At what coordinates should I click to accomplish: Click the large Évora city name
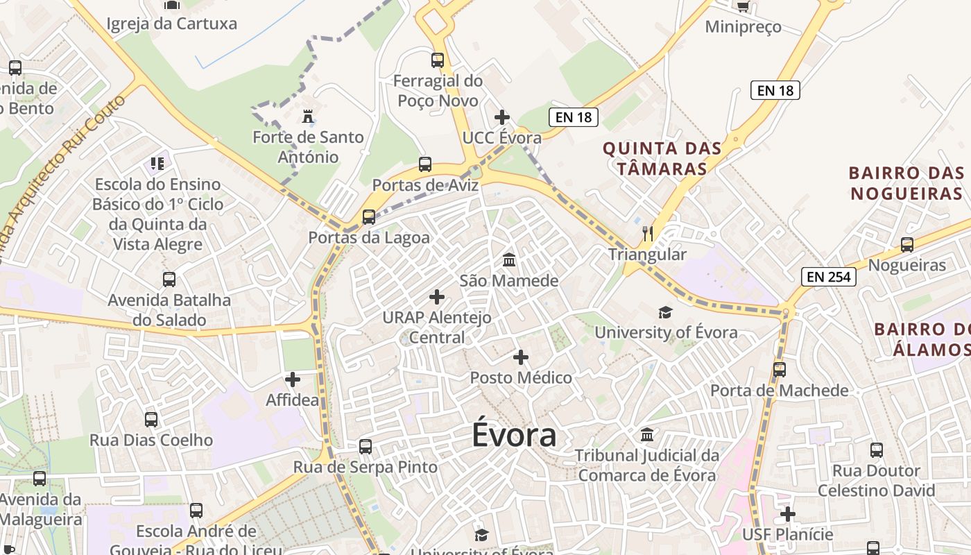point(514,435)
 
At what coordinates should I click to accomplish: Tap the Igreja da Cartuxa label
point(171,24)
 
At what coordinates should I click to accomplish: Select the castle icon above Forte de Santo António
point(307,116)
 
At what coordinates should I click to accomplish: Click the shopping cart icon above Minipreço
point(743,6)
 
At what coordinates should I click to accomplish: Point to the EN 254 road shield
point(829,277)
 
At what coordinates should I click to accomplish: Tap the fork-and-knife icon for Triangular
point(648,233)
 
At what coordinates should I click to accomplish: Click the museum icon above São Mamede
point(509,260)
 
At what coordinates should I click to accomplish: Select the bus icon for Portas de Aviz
point(425,164)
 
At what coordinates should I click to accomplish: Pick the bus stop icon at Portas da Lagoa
point(369,216)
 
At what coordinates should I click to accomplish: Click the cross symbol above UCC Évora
point(502,117)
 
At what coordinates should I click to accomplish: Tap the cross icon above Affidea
point(293,379)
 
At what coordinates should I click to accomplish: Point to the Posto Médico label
point(521,378)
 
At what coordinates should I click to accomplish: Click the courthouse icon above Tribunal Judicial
point(647,434)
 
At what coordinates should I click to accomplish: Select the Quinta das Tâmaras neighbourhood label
point(662,158)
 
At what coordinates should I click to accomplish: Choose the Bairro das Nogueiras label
point(907,182)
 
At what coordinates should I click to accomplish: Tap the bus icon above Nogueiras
point(907,244)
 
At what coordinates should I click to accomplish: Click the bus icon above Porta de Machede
point(780,369)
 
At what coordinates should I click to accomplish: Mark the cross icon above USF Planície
point(788,514)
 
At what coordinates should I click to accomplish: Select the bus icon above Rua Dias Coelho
point(151,419)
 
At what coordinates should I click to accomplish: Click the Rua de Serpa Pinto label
point(366,467)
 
